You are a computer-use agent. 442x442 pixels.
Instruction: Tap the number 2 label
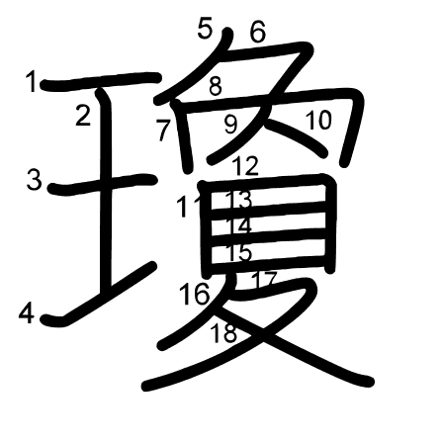coord(83,116)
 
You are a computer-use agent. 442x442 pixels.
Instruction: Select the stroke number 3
coord(35,180)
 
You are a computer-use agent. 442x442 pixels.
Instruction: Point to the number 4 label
coord(28,314)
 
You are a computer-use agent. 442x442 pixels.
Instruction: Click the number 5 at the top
coord(205,29)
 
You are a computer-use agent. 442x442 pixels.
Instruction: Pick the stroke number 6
coord(257,34)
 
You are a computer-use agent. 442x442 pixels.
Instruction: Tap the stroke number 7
coord(163,129)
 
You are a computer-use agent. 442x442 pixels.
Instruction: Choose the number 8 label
coord(215,86)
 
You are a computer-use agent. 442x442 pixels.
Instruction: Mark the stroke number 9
coord(230,125)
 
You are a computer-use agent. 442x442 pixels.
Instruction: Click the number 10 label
coord(317,121)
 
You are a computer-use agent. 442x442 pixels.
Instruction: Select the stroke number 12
coord(246,166)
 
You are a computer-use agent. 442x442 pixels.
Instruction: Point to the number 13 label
coord(239,201)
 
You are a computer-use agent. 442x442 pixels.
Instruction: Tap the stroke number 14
coord(239,226)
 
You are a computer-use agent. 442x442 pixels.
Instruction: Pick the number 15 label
coord(239,252)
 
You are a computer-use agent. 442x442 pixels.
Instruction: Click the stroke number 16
coord(195,294)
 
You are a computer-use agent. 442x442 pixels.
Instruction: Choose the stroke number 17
coord(263,280)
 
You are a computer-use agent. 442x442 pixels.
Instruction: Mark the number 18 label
coord(224,333)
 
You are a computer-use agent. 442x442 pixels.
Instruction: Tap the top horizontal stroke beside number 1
coord(99,80)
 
